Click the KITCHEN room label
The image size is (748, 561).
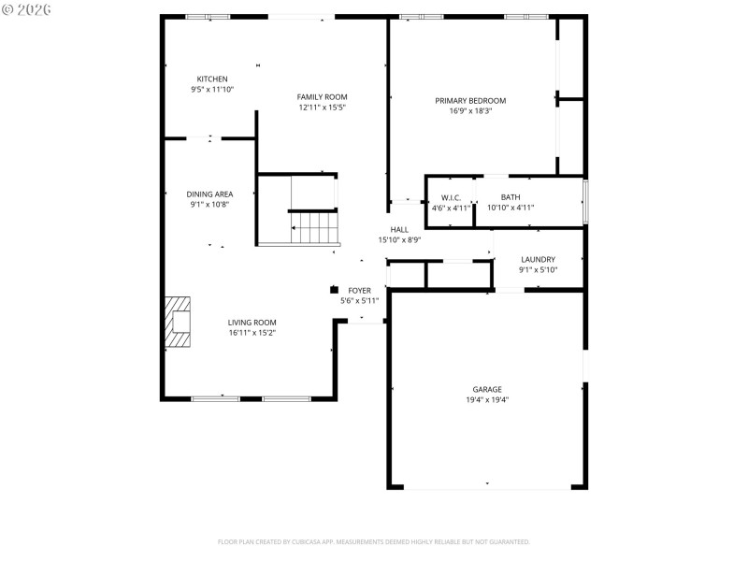211,79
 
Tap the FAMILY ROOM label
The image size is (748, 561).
323,96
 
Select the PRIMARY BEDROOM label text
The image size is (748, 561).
470,100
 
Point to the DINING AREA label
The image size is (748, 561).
209,194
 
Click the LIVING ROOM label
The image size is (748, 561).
252,322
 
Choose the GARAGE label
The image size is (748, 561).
487,389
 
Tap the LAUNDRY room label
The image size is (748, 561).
538,259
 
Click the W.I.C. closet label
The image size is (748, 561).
451,197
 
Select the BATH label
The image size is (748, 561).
511,196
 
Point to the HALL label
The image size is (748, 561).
399,229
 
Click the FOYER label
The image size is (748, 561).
359,290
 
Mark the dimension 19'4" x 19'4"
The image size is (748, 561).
487,399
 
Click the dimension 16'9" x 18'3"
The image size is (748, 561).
470,110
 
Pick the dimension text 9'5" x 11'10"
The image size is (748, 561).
211,89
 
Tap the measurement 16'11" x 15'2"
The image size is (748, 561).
252,332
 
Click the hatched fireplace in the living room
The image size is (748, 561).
178,323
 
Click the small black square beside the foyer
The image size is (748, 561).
334,289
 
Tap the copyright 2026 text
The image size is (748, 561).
27,9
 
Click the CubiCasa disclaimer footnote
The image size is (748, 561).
374,541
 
